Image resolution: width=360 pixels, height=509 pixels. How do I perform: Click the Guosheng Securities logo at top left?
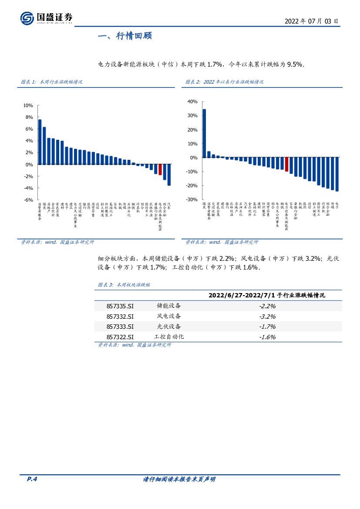(46, 18)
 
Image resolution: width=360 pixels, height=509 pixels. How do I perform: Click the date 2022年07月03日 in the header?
(311, 21)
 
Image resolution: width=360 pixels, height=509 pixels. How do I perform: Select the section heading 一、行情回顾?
(124, 36)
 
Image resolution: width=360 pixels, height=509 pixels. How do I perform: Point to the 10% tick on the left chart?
(28, 105)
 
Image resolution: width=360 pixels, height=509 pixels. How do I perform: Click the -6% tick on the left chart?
(28, 200)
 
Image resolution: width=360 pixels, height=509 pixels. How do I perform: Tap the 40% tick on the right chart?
(192, 101)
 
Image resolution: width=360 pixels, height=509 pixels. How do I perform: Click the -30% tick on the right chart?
(192, 199)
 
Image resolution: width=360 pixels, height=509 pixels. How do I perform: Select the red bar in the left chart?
(160, 169)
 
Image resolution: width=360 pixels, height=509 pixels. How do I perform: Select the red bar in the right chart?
(286, 164)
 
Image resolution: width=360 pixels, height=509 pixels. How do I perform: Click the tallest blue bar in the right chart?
(204, 133)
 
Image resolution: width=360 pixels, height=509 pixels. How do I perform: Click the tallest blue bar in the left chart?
(40, 142)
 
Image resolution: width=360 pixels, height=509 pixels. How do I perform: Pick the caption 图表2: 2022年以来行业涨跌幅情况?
(224, 82)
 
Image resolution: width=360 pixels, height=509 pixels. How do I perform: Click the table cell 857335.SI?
(120, 306)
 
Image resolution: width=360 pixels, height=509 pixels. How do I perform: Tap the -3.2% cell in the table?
(267, 317)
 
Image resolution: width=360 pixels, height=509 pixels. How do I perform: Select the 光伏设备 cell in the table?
(169, 327)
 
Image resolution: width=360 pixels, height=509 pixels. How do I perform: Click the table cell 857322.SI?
(120, 337)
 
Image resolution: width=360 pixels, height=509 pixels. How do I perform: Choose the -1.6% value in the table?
(267, 337)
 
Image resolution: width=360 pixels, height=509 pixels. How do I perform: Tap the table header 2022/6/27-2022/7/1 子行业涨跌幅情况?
(267, 295)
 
